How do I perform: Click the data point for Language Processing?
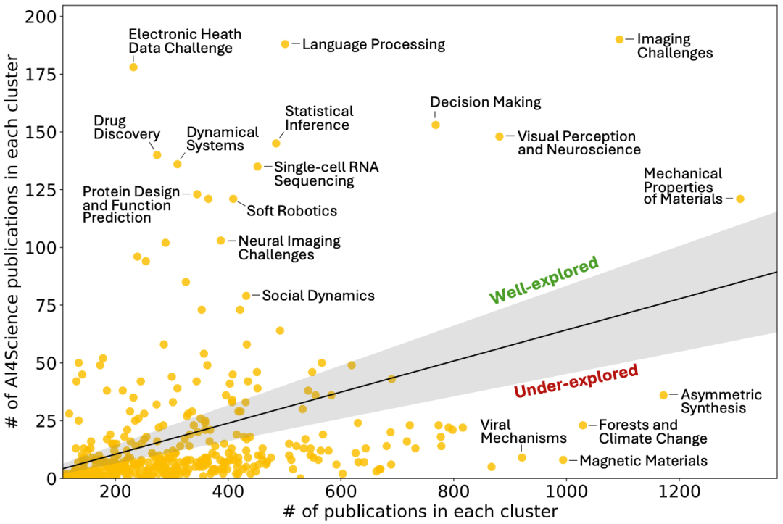click(285, 44)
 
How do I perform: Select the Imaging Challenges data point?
click(619, 39)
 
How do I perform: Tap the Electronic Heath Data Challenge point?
click(133, 67)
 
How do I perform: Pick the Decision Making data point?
click(436, 125)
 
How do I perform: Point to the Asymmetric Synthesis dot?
click(663, 395)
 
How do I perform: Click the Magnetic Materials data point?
click(563, 459)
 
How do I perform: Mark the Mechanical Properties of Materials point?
click(740, 199)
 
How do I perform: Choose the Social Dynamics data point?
click(246, 296)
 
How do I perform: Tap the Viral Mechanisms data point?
click(522, 457)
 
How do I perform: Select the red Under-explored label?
click(576, 381)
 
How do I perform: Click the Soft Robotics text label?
click(292, 211)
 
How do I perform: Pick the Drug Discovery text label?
click(126, 128)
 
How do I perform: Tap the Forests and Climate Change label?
click(652, 432)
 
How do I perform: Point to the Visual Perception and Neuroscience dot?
click(500, 136)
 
